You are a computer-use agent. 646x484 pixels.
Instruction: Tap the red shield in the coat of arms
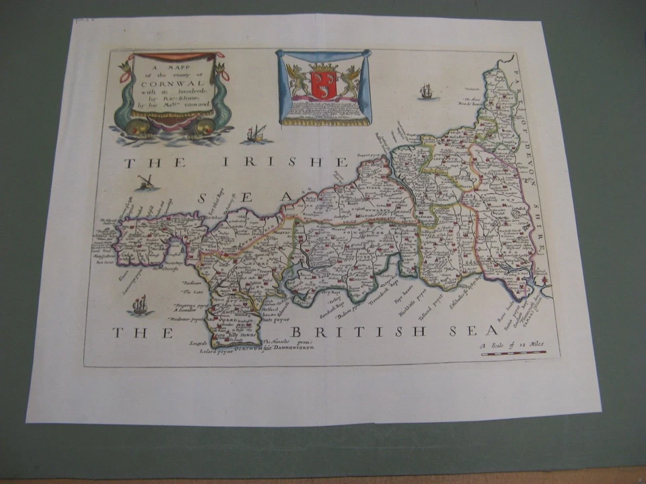pyautogui.click(x=322, y=83)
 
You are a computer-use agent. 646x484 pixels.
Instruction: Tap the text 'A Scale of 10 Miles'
pyautogui.click(x=512, y=345)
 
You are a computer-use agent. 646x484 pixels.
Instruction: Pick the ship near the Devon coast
pyautogui.click(x=426, y=91)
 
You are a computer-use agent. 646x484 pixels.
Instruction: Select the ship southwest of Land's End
pyautogui.click(x=139, y=307)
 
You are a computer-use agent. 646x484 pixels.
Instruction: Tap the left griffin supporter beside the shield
pyautogui.click(x=297, y=81)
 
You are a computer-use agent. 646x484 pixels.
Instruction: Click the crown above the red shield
pyautogui.click(x=323, y=68)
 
